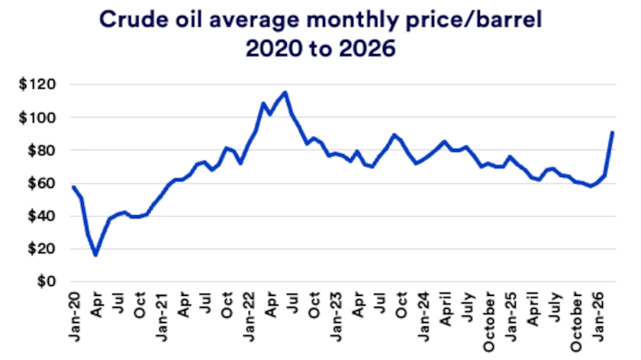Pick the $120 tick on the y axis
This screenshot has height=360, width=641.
37,85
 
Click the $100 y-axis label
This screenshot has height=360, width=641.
37,117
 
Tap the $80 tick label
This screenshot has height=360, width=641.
40,150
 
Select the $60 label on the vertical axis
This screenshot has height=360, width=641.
40,183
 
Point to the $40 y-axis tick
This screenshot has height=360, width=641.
40,216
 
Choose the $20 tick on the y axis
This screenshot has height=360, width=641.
40,249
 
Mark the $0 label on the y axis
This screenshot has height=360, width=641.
44,281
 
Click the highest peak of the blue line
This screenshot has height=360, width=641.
285,92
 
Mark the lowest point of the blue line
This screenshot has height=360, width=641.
95,255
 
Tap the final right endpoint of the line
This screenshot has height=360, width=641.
613,133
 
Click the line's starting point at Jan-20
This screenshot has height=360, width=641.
73,187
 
